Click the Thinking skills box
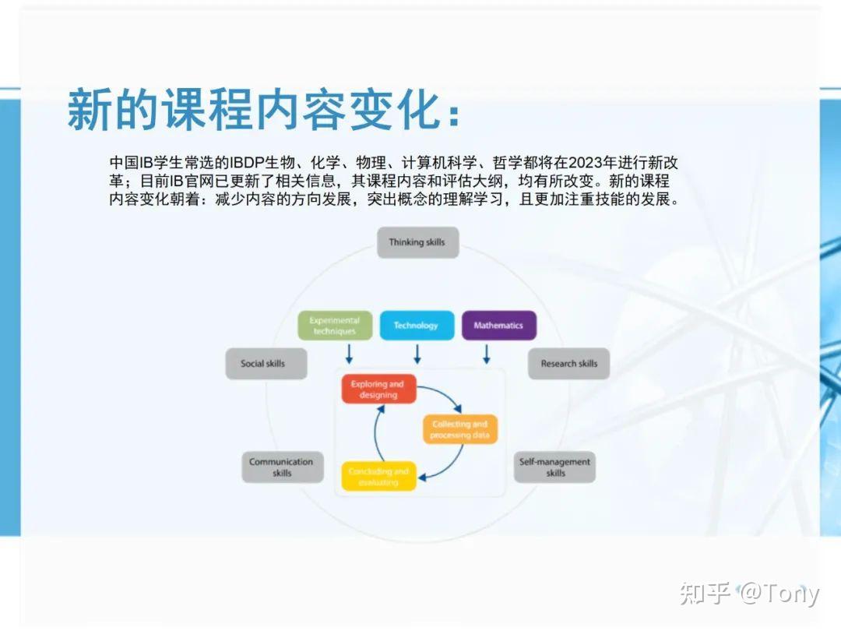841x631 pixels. pos(417,242)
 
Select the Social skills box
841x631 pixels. pos(266,364)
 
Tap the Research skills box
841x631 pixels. pos(568,364)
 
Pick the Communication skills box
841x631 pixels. pos(282,467)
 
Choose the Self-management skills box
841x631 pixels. pos(554,467)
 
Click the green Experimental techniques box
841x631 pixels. pos(335,326)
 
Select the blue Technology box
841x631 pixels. pos(417,326)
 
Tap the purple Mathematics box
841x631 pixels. pos(498,326)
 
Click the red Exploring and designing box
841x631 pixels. pos(378,390)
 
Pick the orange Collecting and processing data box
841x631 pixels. pos(459,430)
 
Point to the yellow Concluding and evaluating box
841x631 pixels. pos(378,477)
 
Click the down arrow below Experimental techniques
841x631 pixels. pos(349,355)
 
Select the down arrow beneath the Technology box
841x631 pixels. pos(417,355)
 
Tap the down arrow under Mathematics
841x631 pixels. pos(487,355)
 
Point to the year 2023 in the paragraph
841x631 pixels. pos(585,163)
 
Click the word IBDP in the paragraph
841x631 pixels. pos(248,163)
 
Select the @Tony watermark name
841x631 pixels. pos(779,594)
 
